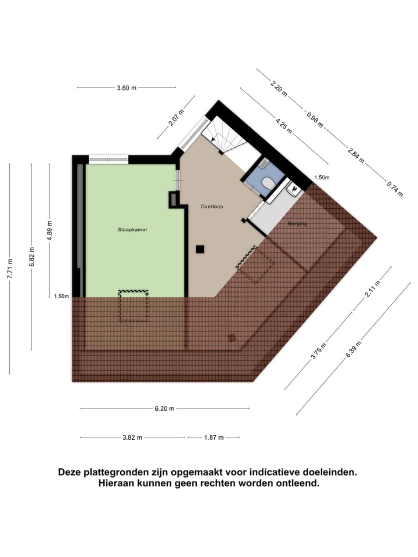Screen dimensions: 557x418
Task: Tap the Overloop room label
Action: (212, 207)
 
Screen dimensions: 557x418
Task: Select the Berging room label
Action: (297, 223)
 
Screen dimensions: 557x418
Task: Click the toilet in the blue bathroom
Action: (267, 183)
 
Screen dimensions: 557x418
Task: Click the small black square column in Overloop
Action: (200, 249)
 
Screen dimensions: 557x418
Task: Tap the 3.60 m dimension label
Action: (126, 88)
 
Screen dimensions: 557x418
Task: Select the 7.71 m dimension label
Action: (9, 269)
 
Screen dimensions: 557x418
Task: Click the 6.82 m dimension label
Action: (32, 257)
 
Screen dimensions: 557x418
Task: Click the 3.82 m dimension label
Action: (132, 437)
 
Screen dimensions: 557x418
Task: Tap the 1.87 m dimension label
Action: (213, 437)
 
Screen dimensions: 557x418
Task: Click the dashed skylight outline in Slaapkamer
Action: (134, 306)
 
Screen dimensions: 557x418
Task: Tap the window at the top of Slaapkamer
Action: (108, 158)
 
